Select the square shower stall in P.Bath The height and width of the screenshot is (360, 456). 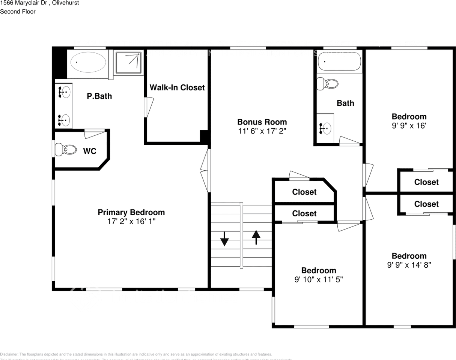(x=128, y=62)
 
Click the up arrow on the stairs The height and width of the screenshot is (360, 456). (x=256, y=237)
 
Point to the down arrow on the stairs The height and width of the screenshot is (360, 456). (x=224, y=238)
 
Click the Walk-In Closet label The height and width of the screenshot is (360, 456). (x=177, y=87)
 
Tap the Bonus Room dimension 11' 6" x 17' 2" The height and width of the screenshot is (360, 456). (x=262, y=131)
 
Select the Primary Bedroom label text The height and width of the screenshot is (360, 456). (x=131, y=212)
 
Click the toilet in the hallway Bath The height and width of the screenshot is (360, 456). (x=327, y=83)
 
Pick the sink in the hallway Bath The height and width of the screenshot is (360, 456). (x=325, y=129)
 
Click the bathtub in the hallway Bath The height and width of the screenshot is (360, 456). (x=339, y=61)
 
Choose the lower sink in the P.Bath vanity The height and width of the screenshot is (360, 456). (x=64, y=120)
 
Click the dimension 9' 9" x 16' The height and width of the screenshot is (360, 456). (x=409, y=126)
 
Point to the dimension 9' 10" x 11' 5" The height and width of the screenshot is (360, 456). (x=319, y=279)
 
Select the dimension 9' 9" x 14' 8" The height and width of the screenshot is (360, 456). (x=409, y=265)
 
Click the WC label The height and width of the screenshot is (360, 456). (x=90, y=151)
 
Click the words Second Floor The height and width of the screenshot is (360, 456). (x=18, y=12)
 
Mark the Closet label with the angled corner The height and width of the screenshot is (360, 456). (x=304, y=192)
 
